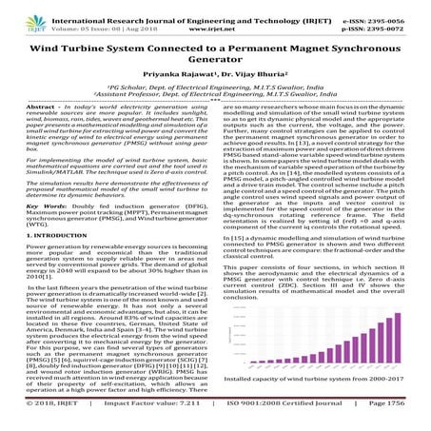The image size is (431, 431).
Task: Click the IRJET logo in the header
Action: [21, 16]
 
